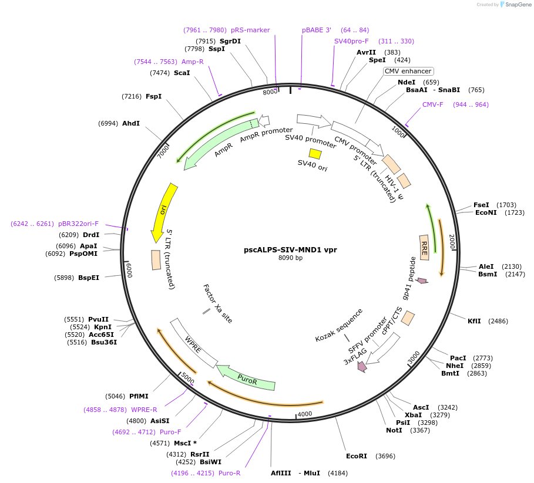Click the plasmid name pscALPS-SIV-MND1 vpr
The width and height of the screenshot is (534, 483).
(290, 249)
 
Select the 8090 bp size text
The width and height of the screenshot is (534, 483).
(290, 258)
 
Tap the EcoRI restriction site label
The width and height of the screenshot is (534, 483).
(356, 456)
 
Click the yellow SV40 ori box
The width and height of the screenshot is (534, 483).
(315, 154)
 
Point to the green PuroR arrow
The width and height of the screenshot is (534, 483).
(247, 379)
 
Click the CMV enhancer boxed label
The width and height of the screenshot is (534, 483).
(408, 71)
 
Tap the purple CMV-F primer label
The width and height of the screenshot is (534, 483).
(433, 104)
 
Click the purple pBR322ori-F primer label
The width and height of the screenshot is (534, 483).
(78, 224)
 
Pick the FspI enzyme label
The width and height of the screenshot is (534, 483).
(153, 96)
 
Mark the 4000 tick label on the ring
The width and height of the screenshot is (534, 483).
(305, 414)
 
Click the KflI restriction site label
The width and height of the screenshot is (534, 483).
(474, 321)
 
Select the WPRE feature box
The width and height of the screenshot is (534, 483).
(193, 344)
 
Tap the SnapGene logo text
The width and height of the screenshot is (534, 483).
(517, 4)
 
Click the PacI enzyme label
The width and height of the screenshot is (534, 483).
(458, 358)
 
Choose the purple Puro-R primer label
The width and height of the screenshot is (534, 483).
(229, 473)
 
